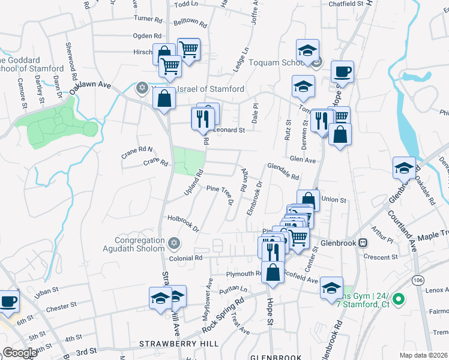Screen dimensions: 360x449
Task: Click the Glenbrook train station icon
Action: tap(363, 243)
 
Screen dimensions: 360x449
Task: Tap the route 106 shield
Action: tap(417, 279)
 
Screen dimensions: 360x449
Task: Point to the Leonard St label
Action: tap(230, 130)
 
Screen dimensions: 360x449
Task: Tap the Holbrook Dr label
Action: tap(183, 223)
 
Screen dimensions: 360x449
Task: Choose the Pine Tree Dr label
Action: tap(220, 193)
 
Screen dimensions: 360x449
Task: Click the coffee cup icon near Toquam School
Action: tap(342, 72)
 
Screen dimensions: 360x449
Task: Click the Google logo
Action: tap(20, 353)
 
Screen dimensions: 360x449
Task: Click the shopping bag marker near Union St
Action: tap(308, 200)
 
